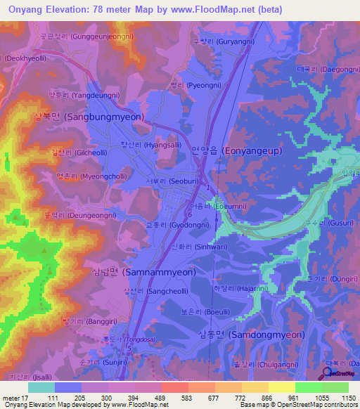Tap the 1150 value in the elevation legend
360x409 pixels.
(x=348, y=397)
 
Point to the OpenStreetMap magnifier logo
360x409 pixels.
(x=325, y=373)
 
